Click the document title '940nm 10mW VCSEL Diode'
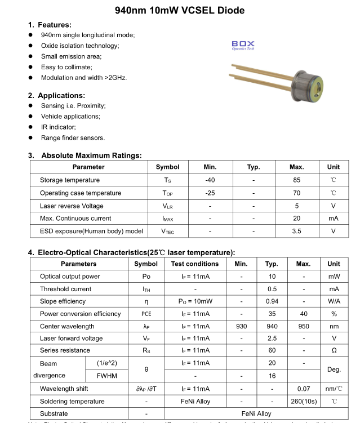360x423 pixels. [x=180, y=10]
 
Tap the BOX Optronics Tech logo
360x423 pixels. [x=243, y=45]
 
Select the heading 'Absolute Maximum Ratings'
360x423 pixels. [x=91, y=155]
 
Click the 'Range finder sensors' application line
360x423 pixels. [x=73, y=137]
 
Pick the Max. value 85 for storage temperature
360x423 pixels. [x=296, y=180]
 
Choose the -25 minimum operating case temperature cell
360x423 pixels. [x=210, y=193]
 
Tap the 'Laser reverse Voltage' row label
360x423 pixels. [x=72, y=206]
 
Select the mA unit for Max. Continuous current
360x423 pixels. [x=333, y=219]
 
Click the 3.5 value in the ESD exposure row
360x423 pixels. [x=296, y=231]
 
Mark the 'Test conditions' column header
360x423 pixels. [x=195, y=264]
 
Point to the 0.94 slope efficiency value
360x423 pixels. [x=272, y=301]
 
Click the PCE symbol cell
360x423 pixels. [x=146, y=314]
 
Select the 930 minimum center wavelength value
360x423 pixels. [x=241, y=326]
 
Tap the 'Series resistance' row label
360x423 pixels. [x=65, y=351]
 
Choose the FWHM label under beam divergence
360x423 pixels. [x=107, y=376]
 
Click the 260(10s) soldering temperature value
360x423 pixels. [x=303, y=402]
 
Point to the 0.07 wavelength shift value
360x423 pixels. [x=303, y=389]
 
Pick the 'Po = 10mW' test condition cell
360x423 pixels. [x=195, y=301]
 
